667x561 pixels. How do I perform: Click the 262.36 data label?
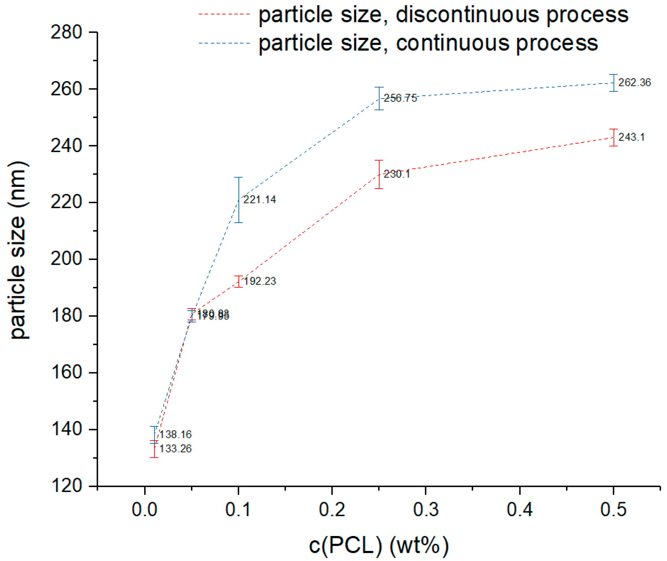pyautogui.click(x=634, y=82)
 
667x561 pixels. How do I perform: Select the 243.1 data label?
pyautogui.click(x=631, y=137)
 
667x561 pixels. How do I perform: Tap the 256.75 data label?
pyautogui.click(x=400, y=98)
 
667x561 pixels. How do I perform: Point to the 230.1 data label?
pyautogui.click(x=397, y=174)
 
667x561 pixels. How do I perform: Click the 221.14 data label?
pyautogui.click(x=259, y=200)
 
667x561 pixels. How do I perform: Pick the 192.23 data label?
pyautogui.click(x=260, y=281)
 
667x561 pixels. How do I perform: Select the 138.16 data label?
pyautogui.click(x=175, y=435)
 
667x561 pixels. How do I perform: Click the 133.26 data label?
pyautogui.click(x=175, y=449)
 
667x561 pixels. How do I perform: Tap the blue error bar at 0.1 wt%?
pyautogui.click(x=238, y=200)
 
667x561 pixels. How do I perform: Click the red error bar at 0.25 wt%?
pyautogui.click(x=379, y=174)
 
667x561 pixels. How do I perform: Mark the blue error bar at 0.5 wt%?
pyautogui.click(x=613, y=83)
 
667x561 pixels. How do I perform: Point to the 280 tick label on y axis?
pyautogui.click(x=66, y=32)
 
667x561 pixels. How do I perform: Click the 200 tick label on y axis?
pyautogui.click(x=66, y=259)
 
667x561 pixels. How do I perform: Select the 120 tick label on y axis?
pyautogui.click(x=66, y=486)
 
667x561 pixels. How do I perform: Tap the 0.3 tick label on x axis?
pyautogui.click(x=426, y=510)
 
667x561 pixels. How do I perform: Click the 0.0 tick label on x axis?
pyautogui.click(x=145, y=510)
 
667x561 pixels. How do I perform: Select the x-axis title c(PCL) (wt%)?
pyautogui.click(x=379, y=546)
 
